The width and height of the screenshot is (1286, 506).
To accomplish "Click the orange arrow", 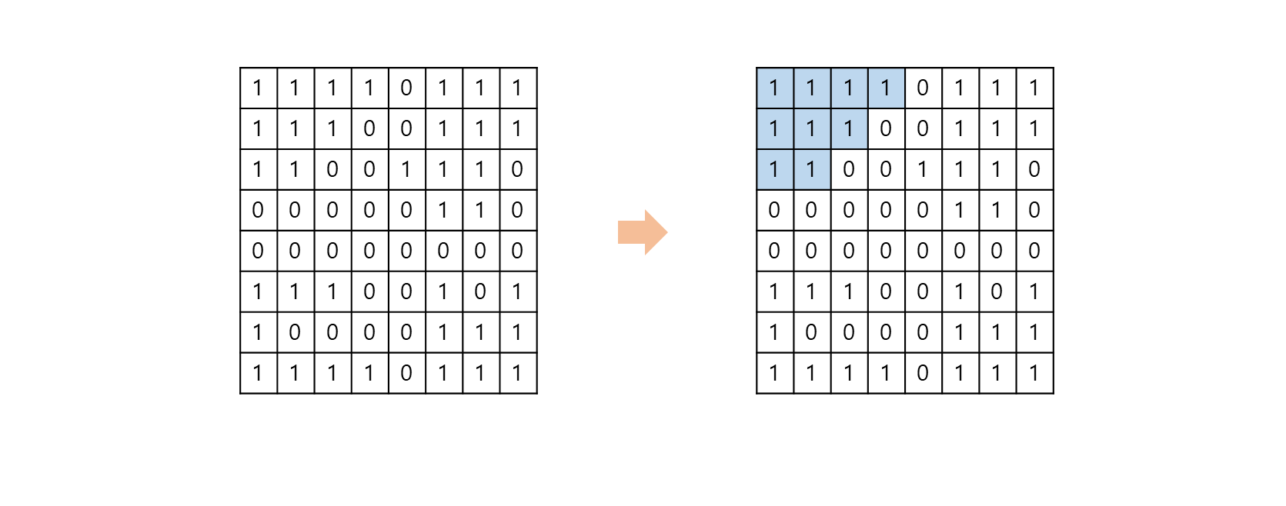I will point(642,232).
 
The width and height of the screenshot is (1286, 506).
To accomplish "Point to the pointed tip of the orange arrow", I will point(666,232).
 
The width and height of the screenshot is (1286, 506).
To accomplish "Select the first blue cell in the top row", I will point(775,88).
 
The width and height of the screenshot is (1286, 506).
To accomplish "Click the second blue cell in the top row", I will point(812,88).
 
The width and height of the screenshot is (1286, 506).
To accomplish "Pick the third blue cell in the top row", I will point(849,88).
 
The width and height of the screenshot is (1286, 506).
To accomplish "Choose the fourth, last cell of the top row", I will point(886,88).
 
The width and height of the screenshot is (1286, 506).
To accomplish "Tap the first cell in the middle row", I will point(775,128).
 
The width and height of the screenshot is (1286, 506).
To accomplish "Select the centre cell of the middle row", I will point(812,128).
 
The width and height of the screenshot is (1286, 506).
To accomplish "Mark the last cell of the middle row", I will point(849,128).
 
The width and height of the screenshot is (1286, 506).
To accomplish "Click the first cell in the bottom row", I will point(775,169).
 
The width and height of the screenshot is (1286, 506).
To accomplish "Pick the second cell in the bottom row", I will point(812,169).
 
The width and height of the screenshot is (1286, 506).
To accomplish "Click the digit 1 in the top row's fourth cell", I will point(886,88).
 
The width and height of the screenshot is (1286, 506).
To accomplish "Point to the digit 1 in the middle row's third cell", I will point(849,128).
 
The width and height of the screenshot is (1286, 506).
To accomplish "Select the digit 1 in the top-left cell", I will point(774,88).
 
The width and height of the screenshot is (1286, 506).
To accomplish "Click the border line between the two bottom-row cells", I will point(793,169).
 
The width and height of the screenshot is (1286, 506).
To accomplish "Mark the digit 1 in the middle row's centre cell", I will point(811,128).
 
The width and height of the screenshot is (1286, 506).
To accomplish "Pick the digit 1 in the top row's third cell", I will point(849,88).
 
